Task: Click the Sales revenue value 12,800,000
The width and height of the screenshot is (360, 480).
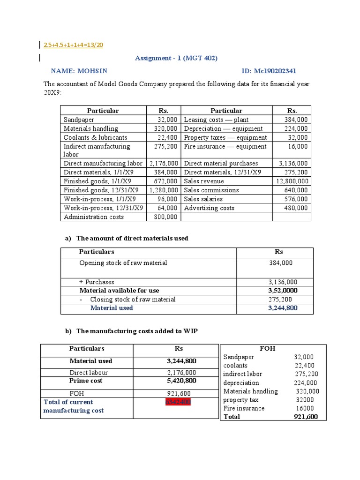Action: coord(292,181)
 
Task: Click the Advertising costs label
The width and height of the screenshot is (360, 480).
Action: coord(209,208)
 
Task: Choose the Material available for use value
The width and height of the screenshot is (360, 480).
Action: coord(283,291)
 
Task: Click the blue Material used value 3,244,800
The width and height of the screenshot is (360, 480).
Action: coord(283,308)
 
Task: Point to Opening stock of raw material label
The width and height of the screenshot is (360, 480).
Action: coord(123,263)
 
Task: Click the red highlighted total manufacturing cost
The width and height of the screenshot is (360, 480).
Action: coord(178,402)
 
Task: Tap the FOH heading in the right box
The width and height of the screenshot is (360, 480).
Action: coord(267,349)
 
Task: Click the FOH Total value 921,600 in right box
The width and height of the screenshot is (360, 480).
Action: coord(307,417)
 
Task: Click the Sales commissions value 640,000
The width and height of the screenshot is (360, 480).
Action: coord(296,190)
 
